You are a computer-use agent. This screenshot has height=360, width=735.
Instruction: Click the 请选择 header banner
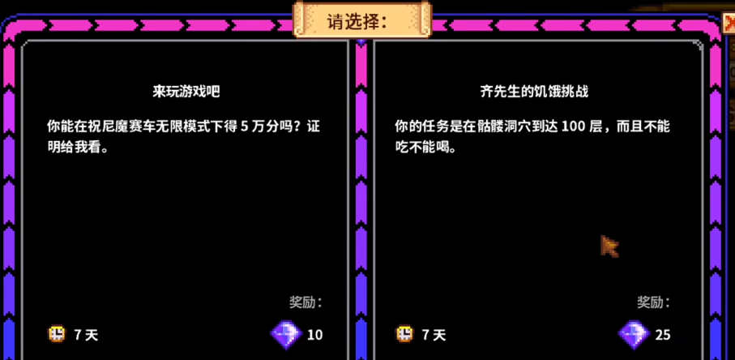tap(362, 20)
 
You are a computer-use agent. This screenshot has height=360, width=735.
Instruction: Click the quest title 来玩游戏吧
tap(186, 92)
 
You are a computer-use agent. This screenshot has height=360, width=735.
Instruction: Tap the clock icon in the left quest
tap(57, 333)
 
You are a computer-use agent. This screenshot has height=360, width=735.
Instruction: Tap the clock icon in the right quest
tap(404, 333)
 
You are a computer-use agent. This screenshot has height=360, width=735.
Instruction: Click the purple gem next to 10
tap(285, 332)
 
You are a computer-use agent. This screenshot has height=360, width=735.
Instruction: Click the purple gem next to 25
tap(633, 332)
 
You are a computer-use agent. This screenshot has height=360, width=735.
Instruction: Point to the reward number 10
tap(314, 334)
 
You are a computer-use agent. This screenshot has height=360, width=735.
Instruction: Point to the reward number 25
tap(662, 334)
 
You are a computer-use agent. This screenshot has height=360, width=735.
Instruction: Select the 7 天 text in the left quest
tap(86, 334)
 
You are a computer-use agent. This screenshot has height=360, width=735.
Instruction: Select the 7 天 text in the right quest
tap(434, 334)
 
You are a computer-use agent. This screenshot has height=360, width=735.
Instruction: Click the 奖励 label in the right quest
tap(652, 302)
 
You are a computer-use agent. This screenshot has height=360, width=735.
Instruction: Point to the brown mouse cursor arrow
tap(609, 246)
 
